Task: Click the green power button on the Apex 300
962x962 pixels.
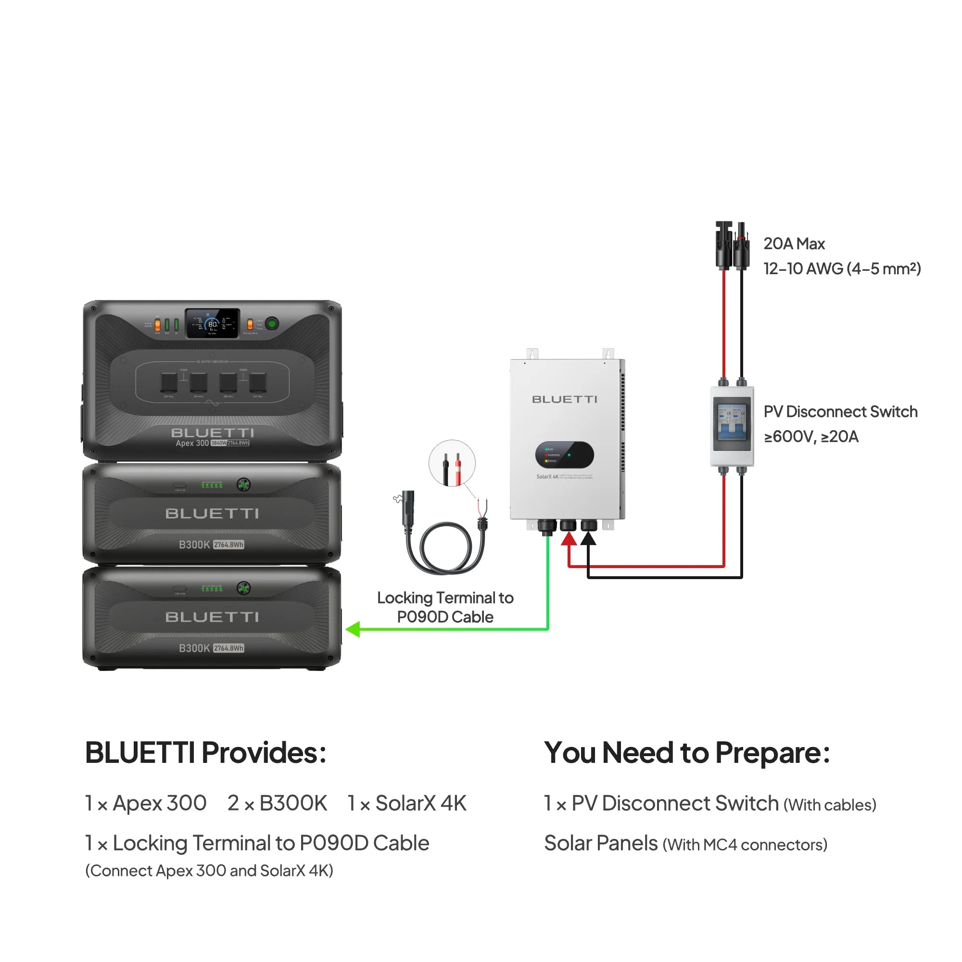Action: coord(272,324)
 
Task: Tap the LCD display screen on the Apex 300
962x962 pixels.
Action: coord(213,324)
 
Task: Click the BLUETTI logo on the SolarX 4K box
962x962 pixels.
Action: coord(564,399)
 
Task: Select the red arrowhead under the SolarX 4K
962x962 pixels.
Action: coord(569,539)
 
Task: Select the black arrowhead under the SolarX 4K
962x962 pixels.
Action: coord(588,539)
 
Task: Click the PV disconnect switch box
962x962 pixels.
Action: coord(732,426)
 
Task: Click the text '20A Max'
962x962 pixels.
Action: coord(794,244)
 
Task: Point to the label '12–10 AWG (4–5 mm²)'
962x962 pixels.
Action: coord(841,269)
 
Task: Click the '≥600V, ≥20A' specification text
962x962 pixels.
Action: coord(810,437)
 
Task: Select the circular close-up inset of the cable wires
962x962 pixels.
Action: coord(452,463)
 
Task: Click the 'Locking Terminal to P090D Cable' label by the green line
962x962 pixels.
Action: coord(444,607)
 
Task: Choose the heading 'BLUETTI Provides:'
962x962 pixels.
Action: coord(206,752)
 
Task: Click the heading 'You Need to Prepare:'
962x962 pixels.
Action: coord(687,752)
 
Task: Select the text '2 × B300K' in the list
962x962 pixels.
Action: coord(277,803)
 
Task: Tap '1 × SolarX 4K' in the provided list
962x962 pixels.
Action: coord(407,803)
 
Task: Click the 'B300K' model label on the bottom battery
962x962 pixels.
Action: coord(194,648)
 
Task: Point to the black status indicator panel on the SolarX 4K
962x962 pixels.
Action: coord(564,455)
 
